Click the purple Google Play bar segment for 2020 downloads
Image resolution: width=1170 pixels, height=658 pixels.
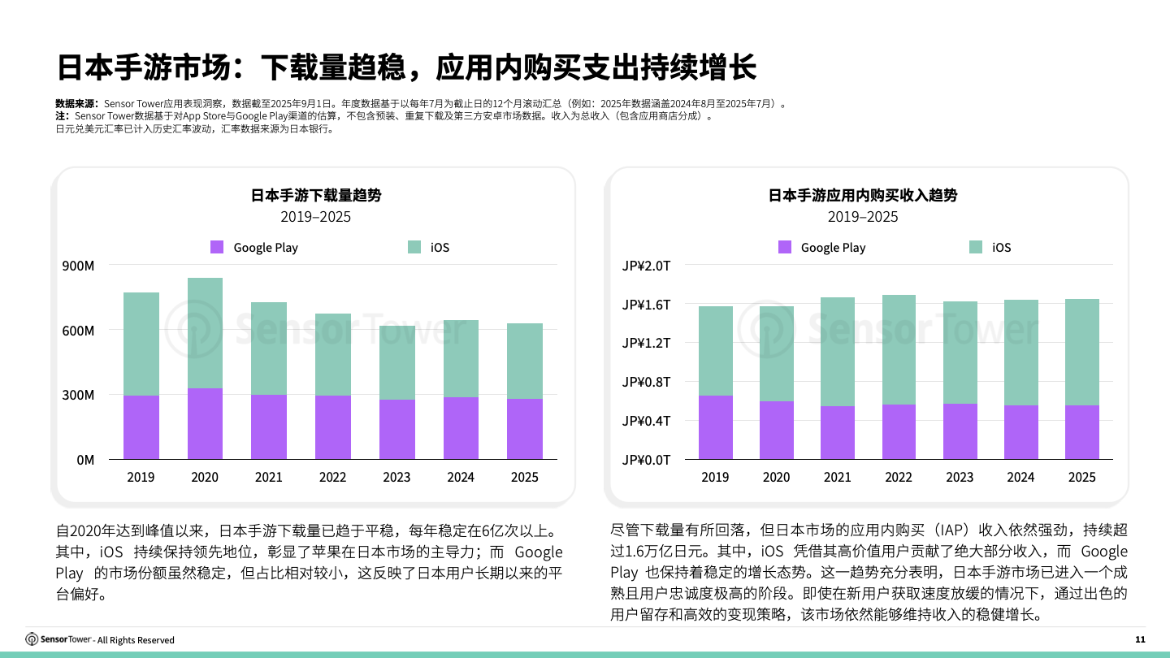pos(205,423)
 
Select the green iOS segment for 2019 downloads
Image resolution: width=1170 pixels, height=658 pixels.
pos(141,344)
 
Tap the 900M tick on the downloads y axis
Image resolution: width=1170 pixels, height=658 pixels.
pos(79,266)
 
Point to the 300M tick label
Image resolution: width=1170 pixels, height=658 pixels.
pos(79,395)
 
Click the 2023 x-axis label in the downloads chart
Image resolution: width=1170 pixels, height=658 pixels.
pos(396,477)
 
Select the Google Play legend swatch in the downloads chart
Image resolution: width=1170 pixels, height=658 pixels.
pos(217,247)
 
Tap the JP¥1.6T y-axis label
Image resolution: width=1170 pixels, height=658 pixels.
pos(647,305)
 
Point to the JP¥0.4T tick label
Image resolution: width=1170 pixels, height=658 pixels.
pos(647,421)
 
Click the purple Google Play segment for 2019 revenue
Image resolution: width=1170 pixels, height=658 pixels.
pos(715,427)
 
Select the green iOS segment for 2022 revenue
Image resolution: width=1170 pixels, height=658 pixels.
pos(899,349)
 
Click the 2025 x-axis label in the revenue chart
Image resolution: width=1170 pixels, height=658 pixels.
pos(1081,477)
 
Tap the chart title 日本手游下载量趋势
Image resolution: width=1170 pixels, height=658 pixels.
pos(316,195)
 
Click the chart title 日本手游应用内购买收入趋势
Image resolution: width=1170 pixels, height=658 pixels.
pos(863,195)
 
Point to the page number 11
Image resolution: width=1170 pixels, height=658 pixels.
pos(1140,639)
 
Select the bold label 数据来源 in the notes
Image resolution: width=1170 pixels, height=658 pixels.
pos(76,104)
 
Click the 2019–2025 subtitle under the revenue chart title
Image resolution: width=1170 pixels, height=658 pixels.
pos(863,217)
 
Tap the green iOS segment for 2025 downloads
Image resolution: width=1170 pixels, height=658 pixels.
pos(524,361)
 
